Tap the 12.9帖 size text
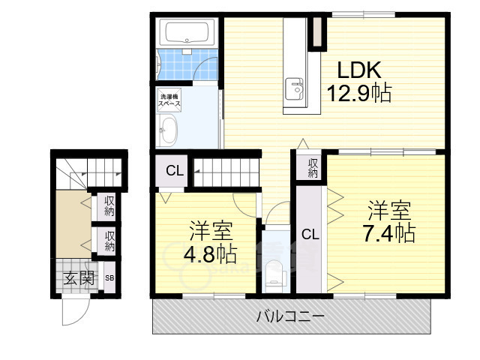359,94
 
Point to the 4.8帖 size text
210,253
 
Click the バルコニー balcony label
290,317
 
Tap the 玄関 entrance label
78,279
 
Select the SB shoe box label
109,278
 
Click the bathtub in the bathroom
189,34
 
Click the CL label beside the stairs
175,171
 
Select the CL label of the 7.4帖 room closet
310,234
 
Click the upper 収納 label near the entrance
109,206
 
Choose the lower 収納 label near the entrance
109,241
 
